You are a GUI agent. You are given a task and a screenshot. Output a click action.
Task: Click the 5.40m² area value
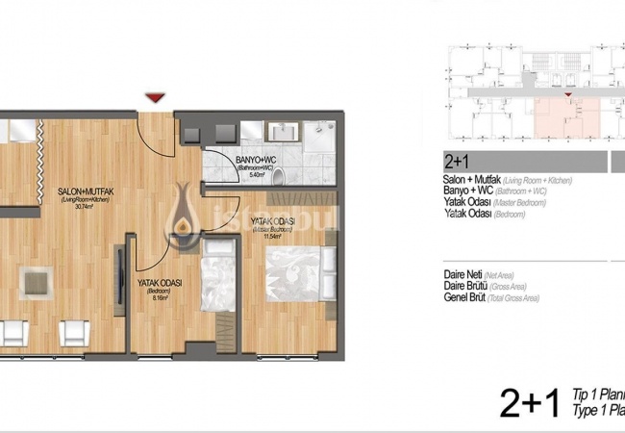pyautogui.click(x=256, y=176)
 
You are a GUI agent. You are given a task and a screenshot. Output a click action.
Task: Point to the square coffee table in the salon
pyautogui.click(x=36, y=280)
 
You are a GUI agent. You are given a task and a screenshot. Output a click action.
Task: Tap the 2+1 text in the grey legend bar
pyautogui.click(x=456, y=162)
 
